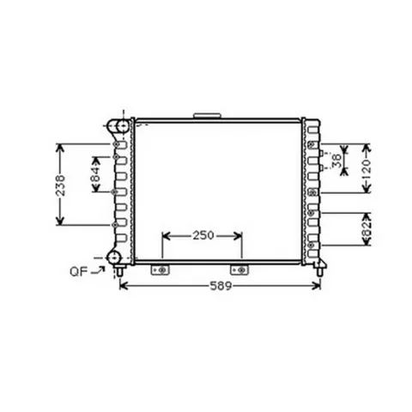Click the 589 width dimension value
(221, 286)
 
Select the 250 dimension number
(203, 235)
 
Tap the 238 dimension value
(60, 185)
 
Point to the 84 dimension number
(96, 174)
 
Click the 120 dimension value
(366, 169)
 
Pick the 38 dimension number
(337, 161)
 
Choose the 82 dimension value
(367, 229)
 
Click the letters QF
(79, 271)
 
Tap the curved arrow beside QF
(98, 270)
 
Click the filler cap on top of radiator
(207, 116)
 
